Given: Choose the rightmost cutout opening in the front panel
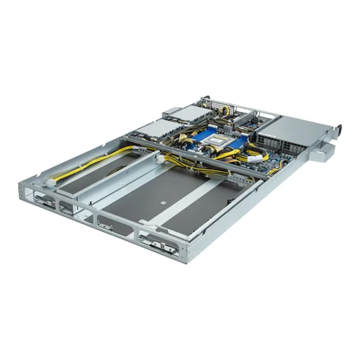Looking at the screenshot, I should pyautogui.click(x=159, y=245).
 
